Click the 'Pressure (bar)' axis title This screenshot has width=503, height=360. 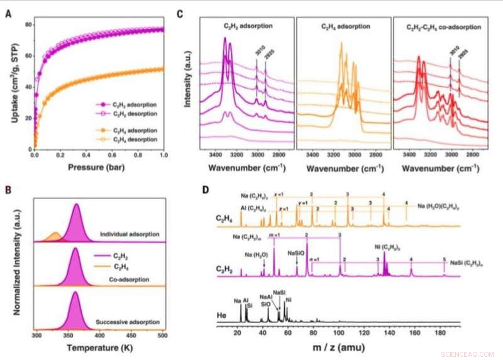coord(99,170)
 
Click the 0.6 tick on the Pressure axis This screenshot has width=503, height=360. coord(112,156)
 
